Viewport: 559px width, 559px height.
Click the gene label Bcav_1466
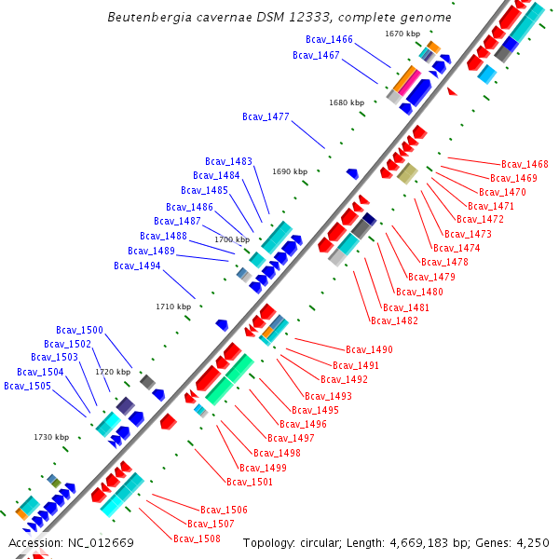click(x=329, y=39)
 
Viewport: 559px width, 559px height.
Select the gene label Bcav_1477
click(x=266, y=116)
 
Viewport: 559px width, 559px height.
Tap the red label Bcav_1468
click(x=525, y=164)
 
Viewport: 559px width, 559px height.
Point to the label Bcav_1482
click(x=394, y=320)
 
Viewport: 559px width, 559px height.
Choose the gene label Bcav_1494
click(x=137, y=266)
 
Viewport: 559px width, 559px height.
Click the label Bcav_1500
click(x=79, y=330)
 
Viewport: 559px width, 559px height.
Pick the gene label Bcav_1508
click(x=197, y=539)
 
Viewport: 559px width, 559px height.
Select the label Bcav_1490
click(x=369, y=349)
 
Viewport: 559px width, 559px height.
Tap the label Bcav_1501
click(x=250, y=482)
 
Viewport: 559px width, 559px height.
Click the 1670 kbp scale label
click(x=402, y=34)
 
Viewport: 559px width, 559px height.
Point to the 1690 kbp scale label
click(x=290, y=171)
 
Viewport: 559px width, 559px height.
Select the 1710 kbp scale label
click(x=173, y=306)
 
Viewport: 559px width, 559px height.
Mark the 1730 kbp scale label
click(x=51, y=436)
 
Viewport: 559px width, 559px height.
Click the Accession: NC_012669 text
click(x=71, y=542)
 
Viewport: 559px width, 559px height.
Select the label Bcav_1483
click(x=228, y=161)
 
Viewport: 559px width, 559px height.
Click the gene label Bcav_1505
click(x=27, y=386)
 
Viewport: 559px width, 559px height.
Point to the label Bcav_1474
click(x=457, y=248)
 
